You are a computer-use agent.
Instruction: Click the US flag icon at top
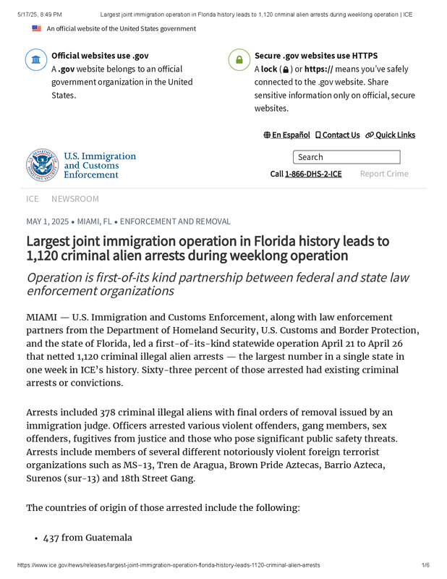coord(37,28)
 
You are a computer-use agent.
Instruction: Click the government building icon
coord(36,60)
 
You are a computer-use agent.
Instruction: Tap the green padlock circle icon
coord(239,60)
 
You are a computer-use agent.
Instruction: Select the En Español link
coord(287,135)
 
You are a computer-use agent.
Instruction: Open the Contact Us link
coord(337,135)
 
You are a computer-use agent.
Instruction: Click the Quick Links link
coord(391,135)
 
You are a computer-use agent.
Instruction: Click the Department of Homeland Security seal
coord(42,164)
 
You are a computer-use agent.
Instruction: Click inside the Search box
coord(346,157)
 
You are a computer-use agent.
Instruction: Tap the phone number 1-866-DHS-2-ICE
coord(313,174)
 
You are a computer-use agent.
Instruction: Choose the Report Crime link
coord(384,174)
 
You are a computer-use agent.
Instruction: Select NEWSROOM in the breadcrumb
coord(75,198)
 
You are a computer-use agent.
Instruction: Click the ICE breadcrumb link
coord(33,198)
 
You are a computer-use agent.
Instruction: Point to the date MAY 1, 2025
coord(48,221)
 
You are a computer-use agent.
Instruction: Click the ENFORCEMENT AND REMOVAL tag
coord(175,221)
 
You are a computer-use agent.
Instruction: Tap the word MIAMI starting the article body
coord(43,317)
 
